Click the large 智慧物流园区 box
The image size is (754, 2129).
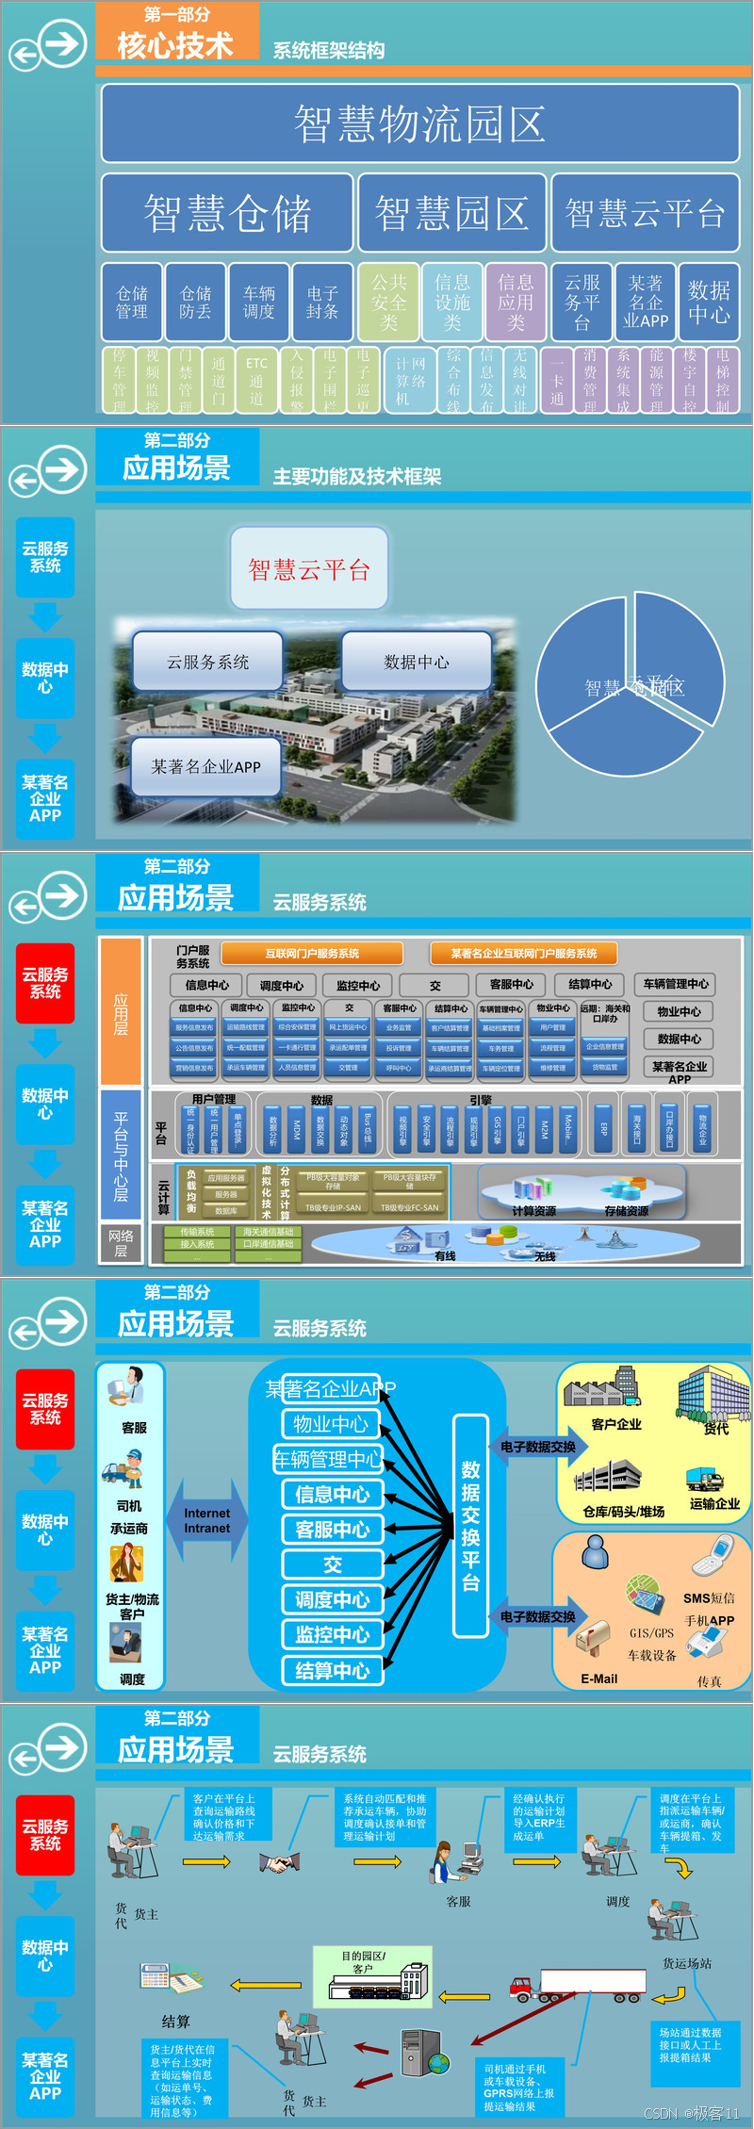(x=419, y=123)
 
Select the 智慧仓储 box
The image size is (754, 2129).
(x=227, y=213)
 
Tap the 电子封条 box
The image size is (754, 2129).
(x=322, y=303)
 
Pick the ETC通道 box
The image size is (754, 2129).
(x=256, y=381)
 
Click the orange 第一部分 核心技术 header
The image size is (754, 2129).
(x=177, y=32)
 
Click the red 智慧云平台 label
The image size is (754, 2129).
(x=309, y=568)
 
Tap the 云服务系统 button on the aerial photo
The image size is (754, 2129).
(x=208, y=662)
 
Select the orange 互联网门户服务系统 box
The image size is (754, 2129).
(x=312, y=953)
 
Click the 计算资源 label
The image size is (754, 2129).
(x=533, y=1211)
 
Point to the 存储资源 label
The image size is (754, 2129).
(x=626, y=1211)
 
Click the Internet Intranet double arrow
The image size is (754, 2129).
(x=207, y=1520)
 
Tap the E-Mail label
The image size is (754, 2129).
(x=599, y=1679)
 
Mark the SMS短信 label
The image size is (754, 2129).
(x=709, y=1597)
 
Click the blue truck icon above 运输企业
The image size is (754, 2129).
(x=703, y=1479)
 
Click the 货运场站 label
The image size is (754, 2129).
(x=687, y=1963)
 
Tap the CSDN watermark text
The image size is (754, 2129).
(x=692, y=2113)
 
